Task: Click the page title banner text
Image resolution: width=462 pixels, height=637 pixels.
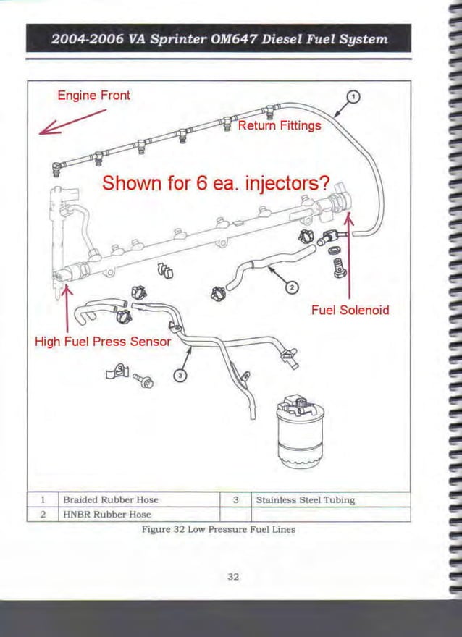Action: pos(219,39)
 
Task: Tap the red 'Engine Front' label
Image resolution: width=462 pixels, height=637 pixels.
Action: pos(93,96)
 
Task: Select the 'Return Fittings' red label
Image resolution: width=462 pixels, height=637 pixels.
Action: pos(279,126)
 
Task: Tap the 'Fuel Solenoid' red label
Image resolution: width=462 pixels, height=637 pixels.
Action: pos(350,310)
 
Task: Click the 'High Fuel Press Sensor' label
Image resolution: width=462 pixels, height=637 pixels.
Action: pos(103,341)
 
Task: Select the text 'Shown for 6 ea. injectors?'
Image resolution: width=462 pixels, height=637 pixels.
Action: pos(216,183)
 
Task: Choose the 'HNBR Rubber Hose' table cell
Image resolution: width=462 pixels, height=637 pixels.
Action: pos(106,515)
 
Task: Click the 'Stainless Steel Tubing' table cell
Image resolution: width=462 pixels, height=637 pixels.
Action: pos(305,499)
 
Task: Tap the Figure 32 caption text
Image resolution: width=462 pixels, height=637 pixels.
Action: pos(218,529)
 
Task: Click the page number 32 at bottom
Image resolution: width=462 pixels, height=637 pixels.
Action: pos(232,577)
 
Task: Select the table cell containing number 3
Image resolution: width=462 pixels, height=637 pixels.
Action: pos(235,499)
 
